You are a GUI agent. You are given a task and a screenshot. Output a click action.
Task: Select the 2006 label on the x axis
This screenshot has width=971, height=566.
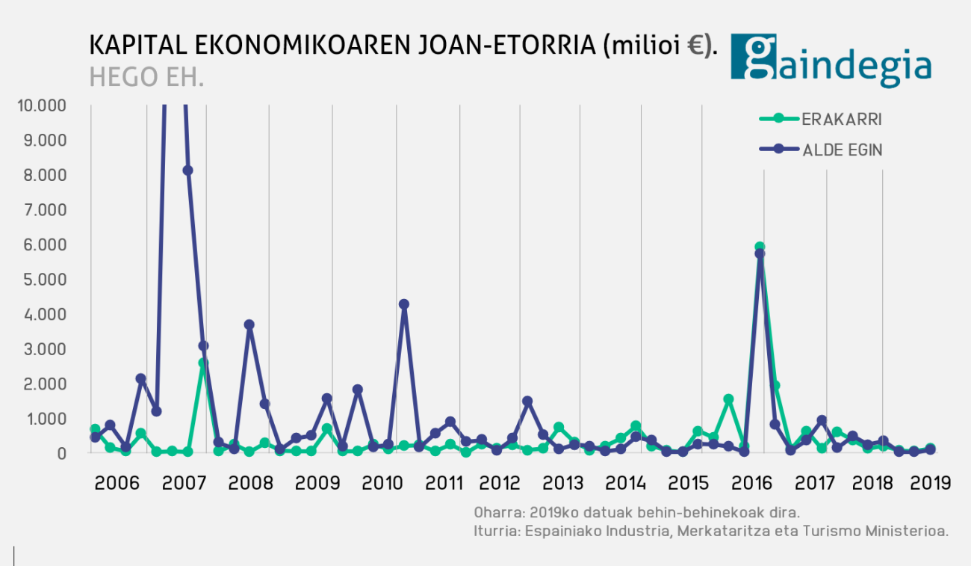pos(117,483)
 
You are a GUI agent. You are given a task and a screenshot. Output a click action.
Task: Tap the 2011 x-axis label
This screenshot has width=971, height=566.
pos(444,483)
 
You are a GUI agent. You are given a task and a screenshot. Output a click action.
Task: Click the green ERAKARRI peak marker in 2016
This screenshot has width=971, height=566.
pos(760,247)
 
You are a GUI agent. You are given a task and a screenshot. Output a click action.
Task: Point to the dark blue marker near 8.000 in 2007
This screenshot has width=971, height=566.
pos(187,170)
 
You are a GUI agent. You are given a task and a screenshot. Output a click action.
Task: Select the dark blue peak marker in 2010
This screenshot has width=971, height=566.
pos(404,304)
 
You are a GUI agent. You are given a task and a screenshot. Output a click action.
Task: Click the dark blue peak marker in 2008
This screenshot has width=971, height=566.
pos(249,325)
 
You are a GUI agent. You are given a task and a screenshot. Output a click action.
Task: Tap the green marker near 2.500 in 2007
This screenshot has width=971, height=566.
pos(203,363)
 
